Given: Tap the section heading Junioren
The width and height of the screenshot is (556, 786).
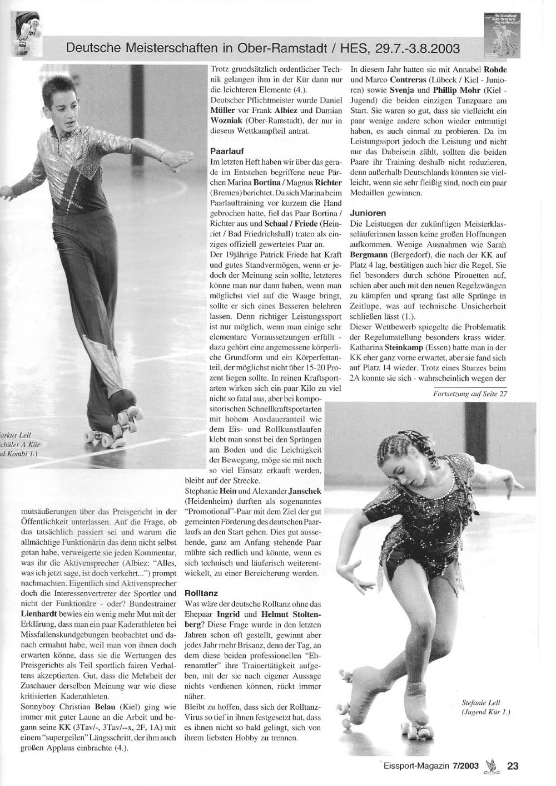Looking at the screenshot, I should [x=369, y=213].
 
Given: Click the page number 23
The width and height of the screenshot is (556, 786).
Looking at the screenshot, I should [x=512, y=766].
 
